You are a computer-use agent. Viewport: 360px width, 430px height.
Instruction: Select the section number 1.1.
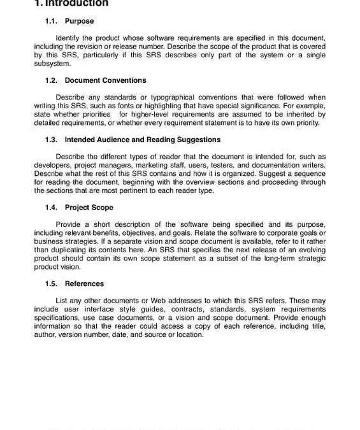coord(52,21)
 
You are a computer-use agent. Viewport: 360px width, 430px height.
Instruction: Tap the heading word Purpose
coord(79,21)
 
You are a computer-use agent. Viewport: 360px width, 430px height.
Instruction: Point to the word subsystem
coord(53,64)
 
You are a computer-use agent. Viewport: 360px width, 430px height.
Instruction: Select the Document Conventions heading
coord(105,80)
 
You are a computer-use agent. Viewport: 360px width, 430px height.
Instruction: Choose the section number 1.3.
coord(52,140)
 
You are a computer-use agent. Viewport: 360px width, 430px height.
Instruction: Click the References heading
coord(84,283)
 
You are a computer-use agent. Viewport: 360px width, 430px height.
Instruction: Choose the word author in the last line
coord(46,334)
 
